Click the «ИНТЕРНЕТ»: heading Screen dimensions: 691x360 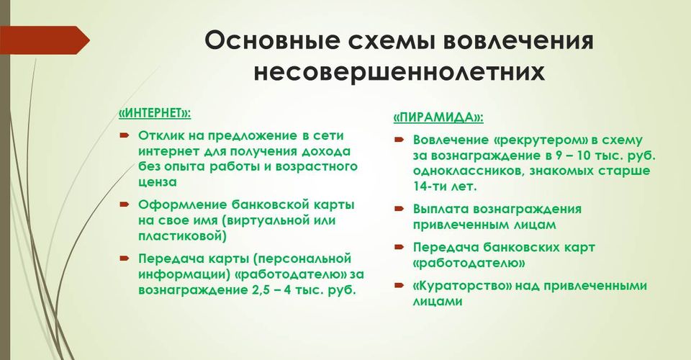click(x=155, y=113)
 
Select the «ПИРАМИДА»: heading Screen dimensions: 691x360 click(x=438, y=117)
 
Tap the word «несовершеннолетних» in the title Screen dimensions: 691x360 click(x=399, y=72)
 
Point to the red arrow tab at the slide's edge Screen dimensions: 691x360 click(x=45, y=40)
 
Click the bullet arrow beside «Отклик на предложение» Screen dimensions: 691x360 click(x=124, y=135)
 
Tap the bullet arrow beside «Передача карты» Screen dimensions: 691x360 click(x=124, y=258)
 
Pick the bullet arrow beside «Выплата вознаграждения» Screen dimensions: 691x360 click(x=399, y=208)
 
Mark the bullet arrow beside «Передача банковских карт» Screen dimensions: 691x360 click(x=399, y=247)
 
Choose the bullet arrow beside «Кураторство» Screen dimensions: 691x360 click(x=399, y=285)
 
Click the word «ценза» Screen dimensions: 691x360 click(x=158, y=182)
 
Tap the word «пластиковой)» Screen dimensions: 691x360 click(x=182, y=236)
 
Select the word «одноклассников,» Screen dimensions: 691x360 click(x=469, y=171)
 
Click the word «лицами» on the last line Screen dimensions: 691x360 click(x=438, y=302)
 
